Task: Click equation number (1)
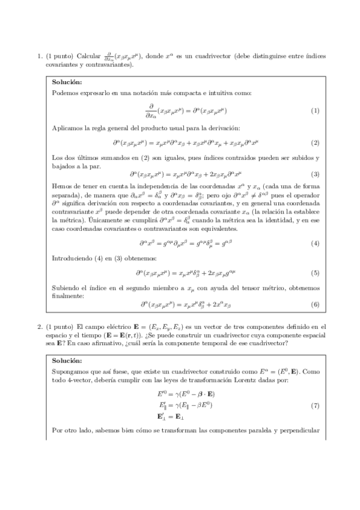point(314,111)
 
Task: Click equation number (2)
point(314,143)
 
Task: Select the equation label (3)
point(314,174)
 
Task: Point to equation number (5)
point(314,273)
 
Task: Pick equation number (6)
point(314,304)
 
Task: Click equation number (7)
point(314,405)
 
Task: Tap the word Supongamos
point(71,372)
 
